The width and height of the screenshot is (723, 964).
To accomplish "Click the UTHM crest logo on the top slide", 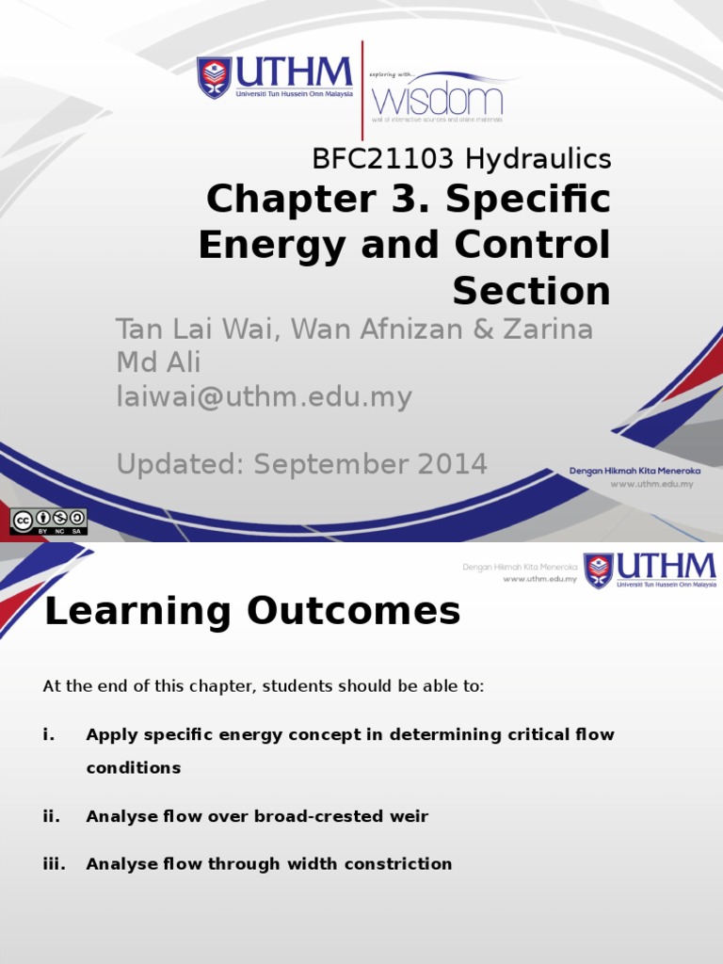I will [x=214, y=78].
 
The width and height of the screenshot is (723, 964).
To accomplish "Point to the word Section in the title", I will [x=531, y=291].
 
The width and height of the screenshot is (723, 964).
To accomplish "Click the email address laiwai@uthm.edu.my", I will [x=264, y=397].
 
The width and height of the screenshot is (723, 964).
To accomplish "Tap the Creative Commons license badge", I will [x=48, y=522].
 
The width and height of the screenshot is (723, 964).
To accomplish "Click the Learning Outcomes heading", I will [x=252, y=612].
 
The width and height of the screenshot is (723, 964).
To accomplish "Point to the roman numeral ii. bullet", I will [x=51, y=816].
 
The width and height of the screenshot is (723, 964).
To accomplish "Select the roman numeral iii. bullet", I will [x=54, y=863].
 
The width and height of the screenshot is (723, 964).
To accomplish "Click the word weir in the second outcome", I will [x=410, y=816].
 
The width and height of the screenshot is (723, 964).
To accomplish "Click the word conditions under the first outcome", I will [x=133, y=767].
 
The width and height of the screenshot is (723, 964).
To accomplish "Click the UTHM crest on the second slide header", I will [x=598, y=570].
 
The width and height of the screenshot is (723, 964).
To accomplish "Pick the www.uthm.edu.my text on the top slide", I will [x=651, y=484].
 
